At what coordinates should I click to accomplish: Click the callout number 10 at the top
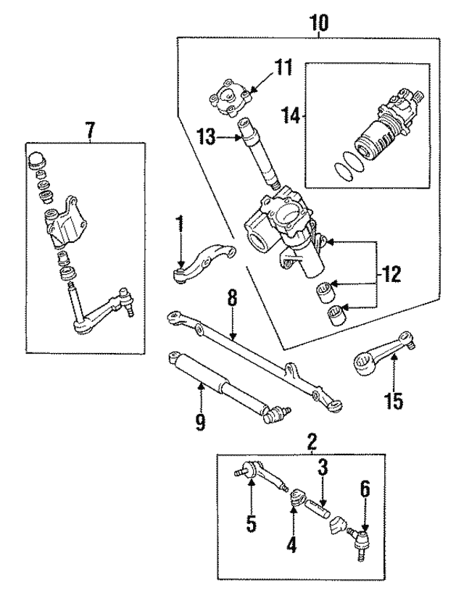pyautogui.click(x=319, y=22)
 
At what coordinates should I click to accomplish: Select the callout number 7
pyautogui.click(x=90, y=130)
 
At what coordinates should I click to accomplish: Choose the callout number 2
pyautogui.click(x=312, y=440)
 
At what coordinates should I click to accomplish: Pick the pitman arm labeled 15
pyautogui.click(x=384, y=350)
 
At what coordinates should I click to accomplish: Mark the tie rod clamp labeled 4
pyautogui.click(x=297, y=499)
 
